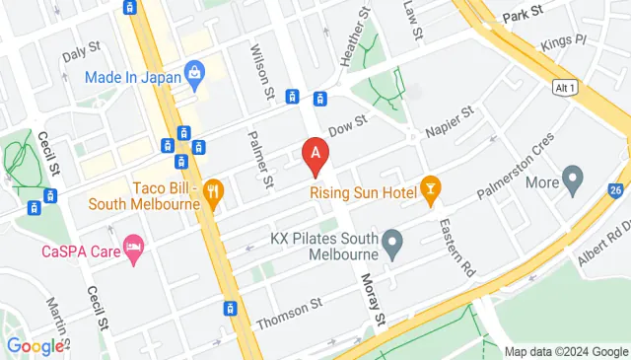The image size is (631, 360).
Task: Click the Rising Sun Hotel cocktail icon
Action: point(430,187)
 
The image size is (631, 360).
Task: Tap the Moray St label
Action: point(372,302)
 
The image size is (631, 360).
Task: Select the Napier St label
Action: point(451,122)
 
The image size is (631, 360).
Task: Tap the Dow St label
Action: point(347,126)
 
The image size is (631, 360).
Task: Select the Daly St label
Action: point(81,47)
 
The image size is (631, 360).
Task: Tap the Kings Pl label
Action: point(565,44)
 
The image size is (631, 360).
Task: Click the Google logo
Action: point(35,346)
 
